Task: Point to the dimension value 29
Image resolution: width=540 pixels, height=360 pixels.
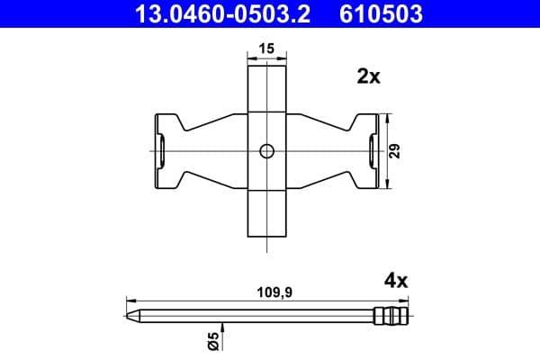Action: [397, 151]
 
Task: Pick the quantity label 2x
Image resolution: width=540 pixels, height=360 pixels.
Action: [369, 77]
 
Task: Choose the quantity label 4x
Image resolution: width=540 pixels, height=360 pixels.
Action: [395, 281]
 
